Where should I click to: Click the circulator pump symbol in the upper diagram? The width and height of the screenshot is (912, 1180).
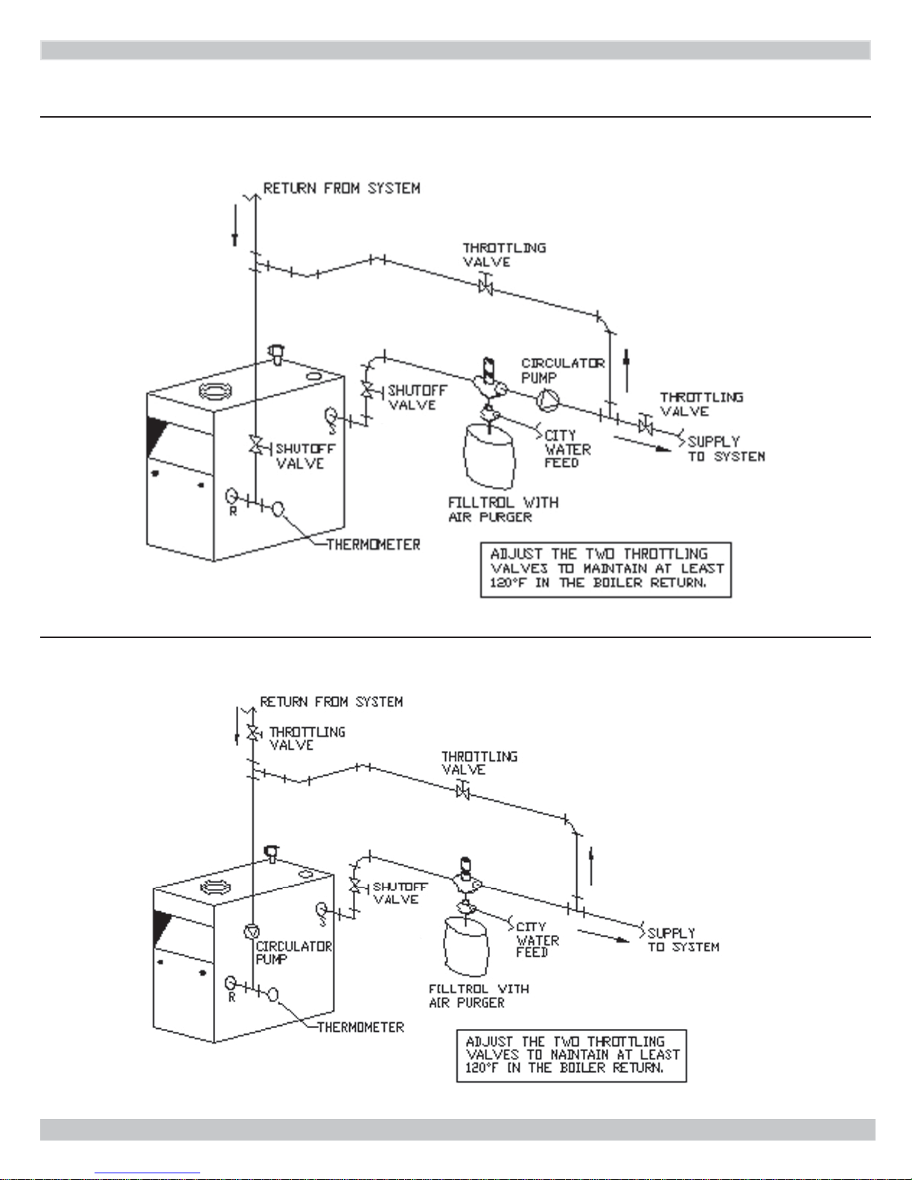tap(548, 401)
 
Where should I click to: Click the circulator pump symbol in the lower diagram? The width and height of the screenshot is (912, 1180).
tap(252, 931)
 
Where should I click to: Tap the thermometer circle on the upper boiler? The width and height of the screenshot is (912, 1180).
tap(278, 509)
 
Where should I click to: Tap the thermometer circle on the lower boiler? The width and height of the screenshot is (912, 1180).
tap(273, 995)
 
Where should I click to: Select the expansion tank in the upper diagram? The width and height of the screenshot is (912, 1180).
tap(488, 455)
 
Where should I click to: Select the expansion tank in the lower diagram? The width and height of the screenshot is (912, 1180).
tap(466, 945)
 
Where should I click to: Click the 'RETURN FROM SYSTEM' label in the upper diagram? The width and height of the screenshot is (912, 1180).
tap(342, 188)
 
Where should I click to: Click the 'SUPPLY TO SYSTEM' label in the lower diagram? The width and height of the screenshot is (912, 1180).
tap(683, 940)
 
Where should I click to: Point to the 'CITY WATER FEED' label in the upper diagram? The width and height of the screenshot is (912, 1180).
tap(568, 449)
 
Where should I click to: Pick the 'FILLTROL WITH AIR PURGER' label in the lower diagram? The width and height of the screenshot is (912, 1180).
tap(479, 996)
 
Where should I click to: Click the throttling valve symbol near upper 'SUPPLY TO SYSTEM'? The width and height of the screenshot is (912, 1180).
tap(645, 424)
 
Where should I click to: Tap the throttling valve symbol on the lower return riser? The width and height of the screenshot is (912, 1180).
tap(252, 733)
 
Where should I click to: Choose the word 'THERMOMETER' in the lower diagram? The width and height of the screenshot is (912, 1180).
tap(360, 1027)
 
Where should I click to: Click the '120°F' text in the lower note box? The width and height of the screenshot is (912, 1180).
tap(482, 1068)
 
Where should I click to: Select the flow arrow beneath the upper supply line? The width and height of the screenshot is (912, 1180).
tap(642, 444)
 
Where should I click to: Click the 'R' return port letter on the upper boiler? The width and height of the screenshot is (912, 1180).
tap(234, 511)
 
